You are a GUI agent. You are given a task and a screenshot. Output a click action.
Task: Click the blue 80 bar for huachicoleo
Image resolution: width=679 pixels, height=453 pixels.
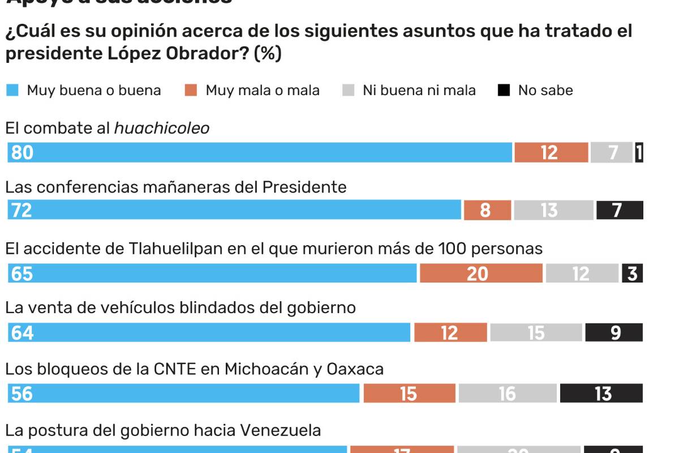pos(260,153)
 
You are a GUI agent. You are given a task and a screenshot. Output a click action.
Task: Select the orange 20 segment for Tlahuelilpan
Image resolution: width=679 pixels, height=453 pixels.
pos(481,274)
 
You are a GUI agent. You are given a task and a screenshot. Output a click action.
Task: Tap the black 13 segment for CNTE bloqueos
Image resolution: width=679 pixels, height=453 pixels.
pos(601,394)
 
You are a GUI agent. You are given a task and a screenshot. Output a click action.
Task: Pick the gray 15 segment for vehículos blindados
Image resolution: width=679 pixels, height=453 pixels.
pos(536,333)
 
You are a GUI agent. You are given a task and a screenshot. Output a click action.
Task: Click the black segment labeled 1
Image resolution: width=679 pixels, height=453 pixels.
pos(639,153)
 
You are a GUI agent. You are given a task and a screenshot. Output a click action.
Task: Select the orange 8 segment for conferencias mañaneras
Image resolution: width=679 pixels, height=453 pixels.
pos(487,211)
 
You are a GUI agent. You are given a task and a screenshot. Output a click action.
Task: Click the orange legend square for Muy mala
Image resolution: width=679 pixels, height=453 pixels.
pos(191,90)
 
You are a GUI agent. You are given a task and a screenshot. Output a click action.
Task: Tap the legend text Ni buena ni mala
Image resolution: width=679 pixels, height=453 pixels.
pos(419,90)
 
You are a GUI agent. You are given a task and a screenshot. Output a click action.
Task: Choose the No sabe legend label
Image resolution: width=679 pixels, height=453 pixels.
pos(545,90)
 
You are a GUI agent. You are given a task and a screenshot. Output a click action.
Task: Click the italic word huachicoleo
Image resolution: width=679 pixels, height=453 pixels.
pos(162,129)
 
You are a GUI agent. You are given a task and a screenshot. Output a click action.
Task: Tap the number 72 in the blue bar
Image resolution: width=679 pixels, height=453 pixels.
pos(22,211)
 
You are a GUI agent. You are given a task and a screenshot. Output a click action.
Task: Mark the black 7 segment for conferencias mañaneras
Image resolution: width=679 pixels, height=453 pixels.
pos(620,211)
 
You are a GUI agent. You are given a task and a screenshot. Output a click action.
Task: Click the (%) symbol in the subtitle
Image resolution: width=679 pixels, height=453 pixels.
pos(268,54)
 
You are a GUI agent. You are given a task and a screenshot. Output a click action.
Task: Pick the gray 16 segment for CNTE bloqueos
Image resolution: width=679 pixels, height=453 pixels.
pos(508,394)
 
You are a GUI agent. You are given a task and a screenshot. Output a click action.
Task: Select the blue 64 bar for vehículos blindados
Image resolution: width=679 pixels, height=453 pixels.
pos(209,333)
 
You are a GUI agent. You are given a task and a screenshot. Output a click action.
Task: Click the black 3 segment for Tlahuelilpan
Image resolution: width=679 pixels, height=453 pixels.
pos(632,274)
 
